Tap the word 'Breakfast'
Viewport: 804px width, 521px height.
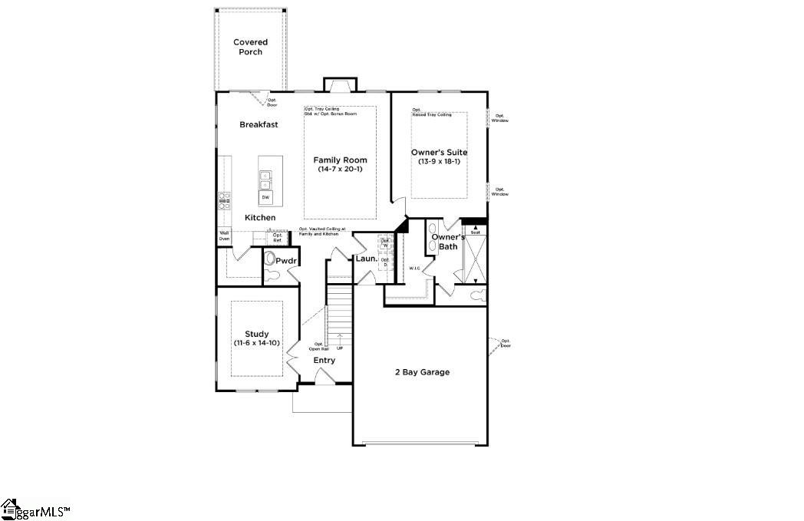click(259, 124)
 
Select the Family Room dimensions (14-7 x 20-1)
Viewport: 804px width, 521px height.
click(340, 169)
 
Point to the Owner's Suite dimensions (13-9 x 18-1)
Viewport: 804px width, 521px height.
click(439, 161)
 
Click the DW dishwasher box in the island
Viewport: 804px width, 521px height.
click(266, 198)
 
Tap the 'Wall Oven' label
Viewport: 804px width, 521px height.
click(224, 236)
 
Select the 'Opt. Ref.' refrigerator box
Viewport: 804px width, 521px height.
click(278, 237)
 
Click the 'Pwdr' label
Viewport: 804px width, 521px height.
click(286, 262)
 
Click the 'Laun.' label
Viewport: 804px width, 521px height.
click(366, 259)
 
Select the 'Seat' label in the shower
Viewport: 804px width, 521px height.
click(475, 232)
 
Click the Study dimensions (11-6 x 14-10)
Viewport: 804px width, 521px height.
click(256, 343)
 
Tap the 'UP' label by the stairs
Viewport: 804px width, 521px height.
click(339, 348)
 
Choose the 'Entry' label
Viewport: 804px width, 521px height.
click(324, 361)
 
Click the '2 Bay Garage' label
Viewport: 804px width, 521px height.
click(422, 372)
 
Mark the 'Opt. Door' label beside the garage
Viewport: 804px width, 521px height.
click(506, 343)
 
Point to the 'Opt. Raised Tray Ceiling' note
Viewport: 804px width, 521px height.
click(432, 112)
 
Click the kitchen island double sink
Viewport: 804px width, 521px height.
click(265, 180)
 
